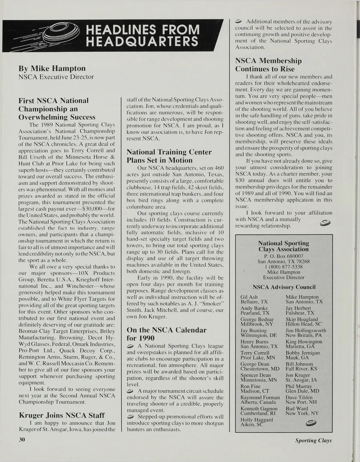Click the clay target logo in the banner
point(61,35)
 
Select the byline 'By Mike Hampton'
point(52,68)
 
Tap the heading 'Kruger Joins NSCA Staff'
point(62,415)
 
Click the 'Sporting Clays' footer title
point(313,440)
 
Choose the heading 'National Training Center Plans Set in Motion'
point(169,156)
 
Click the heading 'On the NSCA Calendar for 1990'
point(166,334)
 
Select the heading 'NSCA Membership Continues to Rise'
point(268,65)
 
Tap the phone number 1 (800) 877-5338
point(283,267)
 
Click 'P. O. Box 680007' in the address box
point(283,256)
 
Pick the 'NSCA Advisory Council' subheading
point(284,287)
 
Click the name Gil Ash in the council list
point(249,297)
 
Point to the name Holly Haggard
point(256,420)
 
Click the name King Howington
point(304,341)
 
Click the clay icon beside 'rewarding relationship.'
point(325,222)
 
